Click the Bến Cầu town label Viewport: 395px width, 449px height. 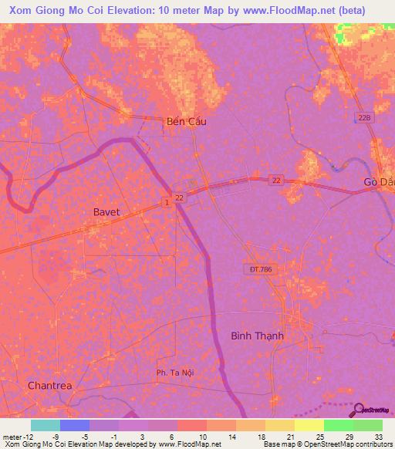[187, 121]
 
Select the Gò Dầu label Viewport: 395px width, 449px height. [378, 182]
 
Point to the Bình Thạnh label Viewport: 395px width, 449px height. [258, 336]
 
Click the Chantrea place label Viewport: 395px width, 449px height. [49, 385]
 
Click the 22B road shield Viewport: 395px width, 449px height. [364, 116]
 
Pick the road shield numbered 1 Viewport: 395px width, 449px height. [166, 201]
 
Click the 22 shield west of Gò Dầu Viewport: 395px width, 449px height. [275, 180]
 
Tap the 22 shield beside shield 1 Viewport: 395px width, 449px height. [180, 198]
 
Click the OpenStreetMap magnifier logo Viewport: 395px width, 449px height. [357, 409]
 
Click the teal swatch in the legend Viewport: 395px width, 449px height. [46, 425]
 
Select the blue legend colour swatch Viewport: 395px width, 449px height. [75, 425]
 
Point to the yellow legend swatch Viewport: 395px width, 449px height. [309, 425]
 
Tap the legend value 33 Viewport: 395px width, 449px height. [378, 436]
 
